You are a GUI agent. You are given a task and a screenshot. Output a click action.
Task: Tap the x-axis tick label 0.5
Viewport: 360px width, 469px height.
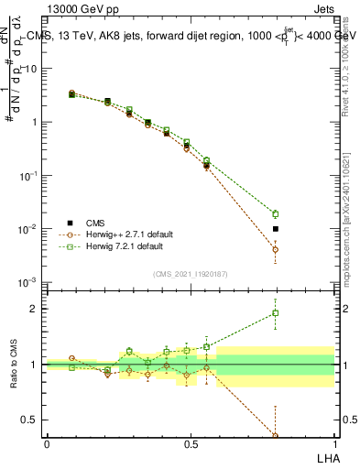tap(191, 443)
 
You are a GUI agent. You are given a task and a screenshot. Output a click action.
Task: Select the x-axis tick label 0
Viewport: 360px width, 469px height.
tap(47, 443)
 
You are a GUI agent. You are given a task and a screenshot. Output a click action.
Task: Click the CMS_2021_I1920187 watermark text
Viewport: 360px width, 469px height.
tap(191, 273)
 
